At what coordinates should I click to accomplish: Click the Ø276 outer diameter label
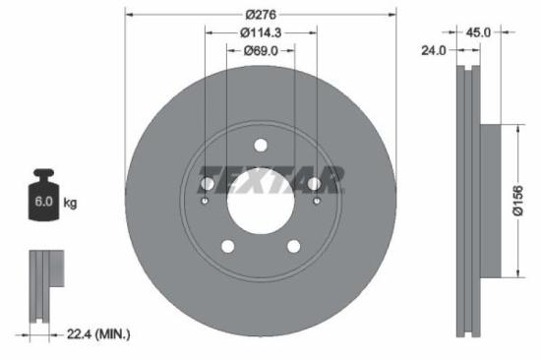click(x=261, y=15)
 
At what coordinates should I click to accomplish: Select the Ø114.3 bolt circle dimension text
click(x=261, y=31)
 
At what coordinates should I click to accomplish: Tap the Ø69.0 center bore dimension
click(x=261, y=50)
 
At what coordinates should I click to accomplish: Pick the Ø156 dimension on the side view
click(x=529, y=202)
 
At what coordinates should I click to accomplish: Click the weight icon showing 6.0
click(x=43, y=198)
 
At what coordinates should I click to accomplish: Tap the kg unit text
click(x=71, y=203)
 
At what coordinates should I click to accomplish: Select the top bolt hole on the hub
click(x=261, y=147)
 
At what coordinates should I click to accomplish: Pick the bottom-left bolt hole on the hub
click(x=227, y=246)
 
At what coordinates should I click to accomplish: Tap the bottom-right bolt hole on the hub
click(x=293, y=246)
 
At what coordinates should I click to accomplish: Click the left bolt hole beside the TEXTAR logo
click(x=207, y=183)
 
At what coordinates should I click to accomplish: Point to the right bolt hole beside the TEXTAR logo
click(x=314, y=183)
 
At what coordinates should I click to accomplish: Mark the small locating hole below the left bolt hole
click(x=205, y=202)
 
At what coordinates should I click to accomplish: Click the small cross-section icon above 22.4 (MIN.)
click(x=43, y=285)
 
